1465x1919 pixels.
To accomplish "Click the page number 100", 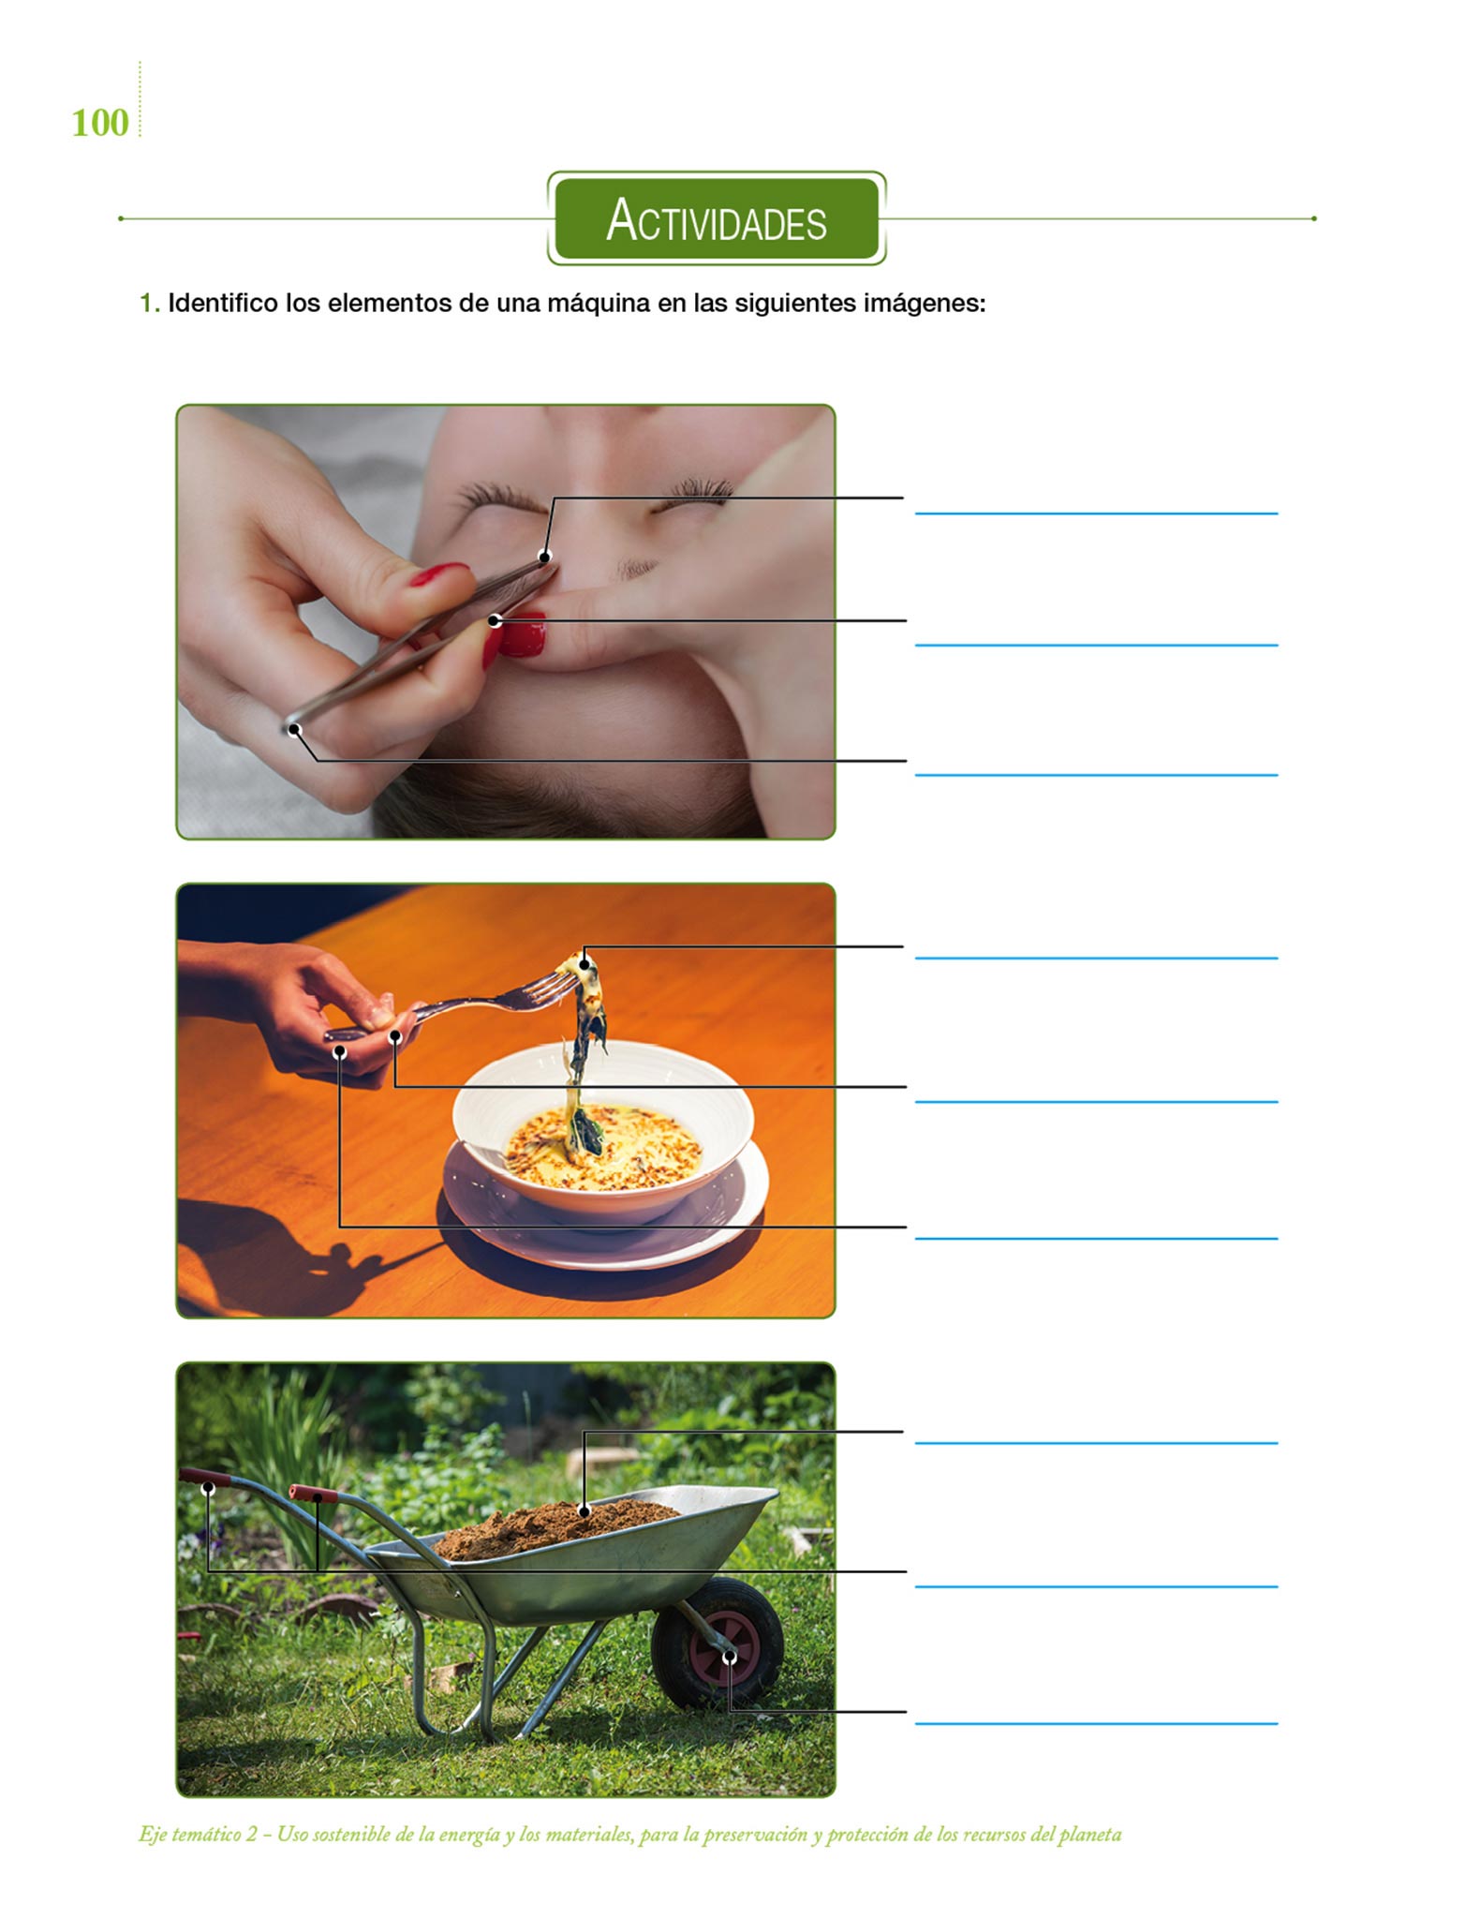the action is pyautogui.click(x=100, y=123).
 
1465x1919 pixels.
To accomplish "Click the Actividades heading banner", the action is pyautogui.click(x=717, y=218).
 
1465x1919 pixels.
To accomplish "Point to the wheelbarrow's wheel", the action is pyautogui.click(x=718, y=1643).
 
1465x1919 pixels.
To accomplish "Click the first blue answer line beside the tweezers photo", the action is pyautogui.click(x=1096, y=513).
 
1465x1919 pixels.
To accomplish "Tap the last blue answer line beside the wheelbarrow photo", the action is pyautogui.click(x=1096, y=1723).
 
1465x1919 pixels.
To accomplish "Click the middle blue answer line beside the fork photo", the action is pyautogui.click(x=1096, y=1102).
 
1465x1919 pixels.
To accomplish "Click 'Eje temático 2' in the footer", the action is pyautogui.click(x=198, y=1835).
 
